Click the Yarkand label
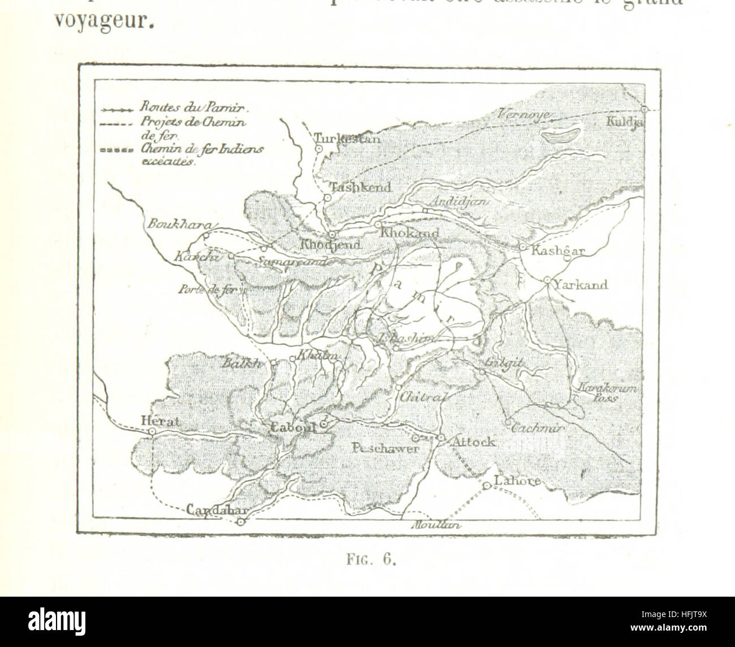coord(581,284)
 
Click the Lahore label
coord(517,481)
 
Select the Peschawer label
coord(384,448)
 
